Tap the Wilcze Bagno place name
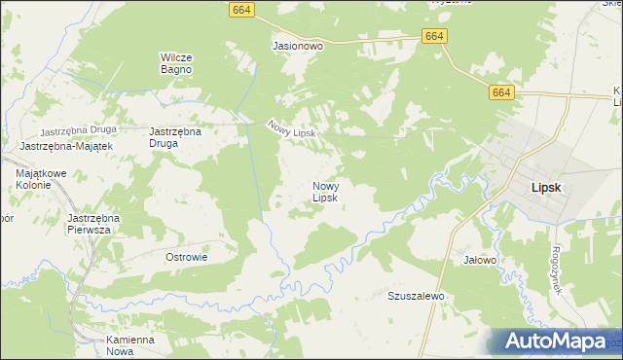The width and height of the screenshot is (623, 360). click(x=176, y=63)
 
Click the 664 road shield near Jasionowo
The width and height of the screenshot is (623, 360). click(x=435, y=36)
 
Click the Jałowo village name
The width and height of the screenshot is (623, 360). click(x=480, y=260)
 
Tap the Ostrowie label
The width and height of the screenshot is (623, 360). click(x=187, y=257)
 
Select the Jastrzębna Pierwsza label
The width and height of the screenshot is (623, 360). click(x=92, y=224)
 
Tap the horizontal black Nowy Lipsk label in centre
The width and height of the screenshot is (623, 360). click(x=324, y=192)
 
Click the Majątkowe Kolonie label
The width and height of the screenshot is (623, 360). click(x=40, y=179)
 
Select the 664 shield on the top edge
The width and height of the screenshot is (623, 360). click(x=243, y=8)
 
